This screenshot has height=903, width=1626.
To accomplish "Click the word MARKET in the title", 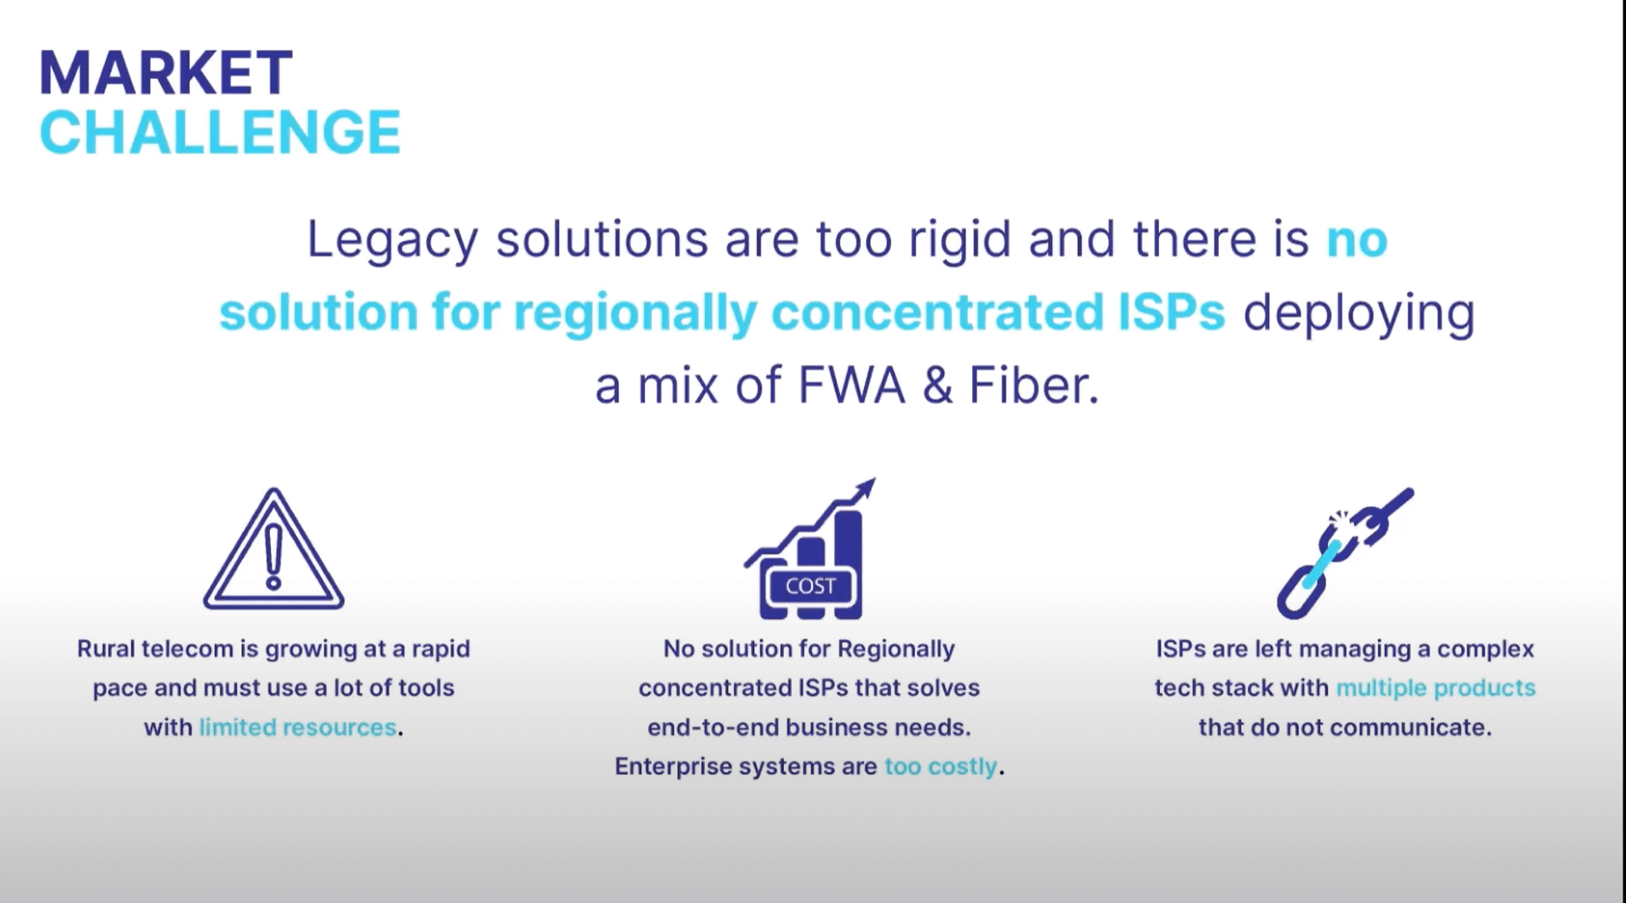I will pos(166,73).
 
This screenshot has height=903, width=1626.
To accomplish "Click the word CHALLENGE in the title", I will pos(220,133).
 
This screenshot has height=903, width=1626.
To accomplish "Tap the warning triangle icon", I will pos(273,550).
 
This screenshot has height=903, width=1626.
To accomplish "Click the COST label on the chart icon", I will pos(810,587).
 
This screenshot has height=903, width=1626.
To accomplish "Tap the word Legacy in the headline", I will pos(392,240).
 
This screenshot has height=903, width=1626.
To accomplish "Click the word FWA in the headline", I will pos(851,386).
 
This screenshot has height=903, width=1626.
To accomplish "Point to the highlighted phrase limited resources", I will pos(298,728).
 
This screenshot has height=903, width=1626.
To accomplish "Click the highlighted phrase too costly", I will pos(940,767).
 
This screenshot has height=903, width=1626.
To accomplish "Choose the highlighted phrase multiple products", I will pos(1436,689).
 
